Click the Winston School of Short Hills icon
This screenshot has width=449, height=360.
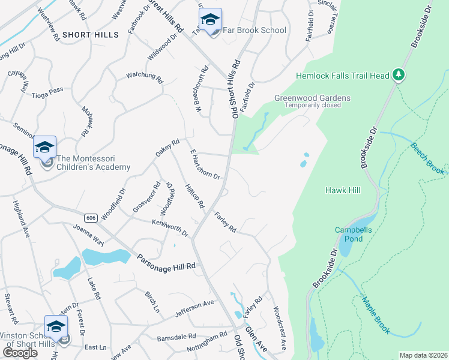(56, 328)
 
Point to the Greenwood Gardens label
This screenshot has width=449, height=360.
(312, 98)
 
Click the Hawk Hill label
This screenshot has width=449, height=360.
(342, 190)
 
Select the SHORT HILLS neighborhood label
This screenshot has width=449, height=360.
(90, 35)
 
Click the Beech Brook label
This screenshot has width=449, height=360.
(429, 158)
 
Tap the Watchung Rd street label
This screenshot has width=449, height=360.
(144, 77)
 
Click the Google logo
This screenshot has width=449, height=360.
(20, 352)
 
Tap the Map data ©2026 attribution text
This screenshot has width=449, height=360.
(423, 355)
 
